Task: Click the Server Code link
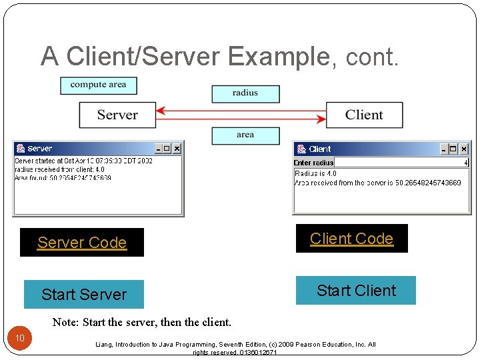point(82,243)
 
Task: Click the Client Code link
point(351,239)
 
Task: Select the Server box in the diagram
point(117,115)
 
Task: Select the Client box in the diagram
point(364,115)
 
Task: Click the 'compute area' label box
point(98,85)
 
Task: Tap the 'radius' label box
point(245,93)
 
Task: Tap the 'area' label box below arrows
point(245,135)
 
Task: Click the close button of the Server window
point(177,149)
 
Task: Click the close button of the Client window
point(464,149)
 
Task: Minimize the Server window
point(159,149)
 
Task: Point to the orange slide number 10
point(20,339)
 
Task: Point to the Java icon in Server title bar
point(21,149)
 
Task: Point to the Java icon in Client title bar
point(301,149)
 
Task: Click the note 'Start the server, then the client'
point(142,323)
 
